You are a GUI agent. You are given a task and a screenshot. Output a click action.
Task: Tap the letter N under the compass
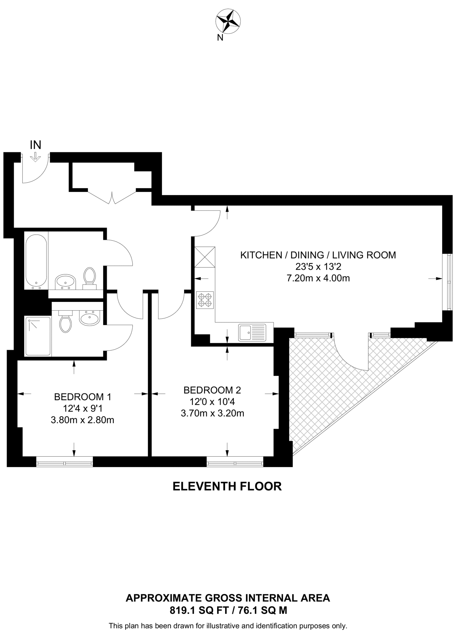220,38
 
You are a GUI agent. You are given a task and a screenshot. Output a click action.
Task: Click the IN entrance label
35,145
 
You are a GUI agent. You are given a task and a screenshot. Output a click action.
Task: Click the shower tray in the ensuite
38,336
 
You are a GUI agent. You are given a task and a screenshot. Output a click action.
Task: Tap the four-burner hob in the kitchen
205,300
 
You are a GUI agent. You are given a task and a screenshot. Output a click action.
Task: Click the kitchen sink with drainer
252,333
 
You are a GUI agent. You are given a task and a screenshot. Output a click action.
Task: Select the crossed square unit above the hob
205,257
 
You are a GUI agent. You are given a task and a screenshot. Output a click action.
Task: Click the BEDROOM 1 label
83,397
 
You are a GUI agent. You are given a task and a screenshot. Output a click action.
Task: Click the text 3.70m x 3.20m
212,413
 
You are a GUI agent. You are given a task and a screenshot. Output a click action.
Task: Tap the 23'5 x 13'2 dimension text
318,267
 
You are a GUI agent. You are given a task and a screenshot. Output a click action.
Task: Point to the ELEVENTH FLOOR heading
227,486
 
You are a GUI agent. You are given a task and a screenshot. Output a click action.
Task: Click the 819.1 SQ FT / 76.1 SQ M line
228,610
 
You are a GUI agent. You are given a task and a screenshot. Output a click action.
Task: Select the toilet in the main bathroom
89,276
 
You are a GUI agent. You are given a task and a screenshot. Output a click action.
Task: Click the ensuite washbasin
90,317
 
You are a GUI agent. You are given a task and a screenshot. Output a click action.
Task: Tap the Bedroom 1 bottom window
64,462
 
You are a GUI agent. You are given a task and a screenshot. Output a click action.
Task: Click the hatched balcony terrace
321,385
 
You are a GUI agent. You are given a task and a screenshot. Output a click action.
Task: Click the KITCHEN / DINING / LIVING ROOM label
318,255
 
